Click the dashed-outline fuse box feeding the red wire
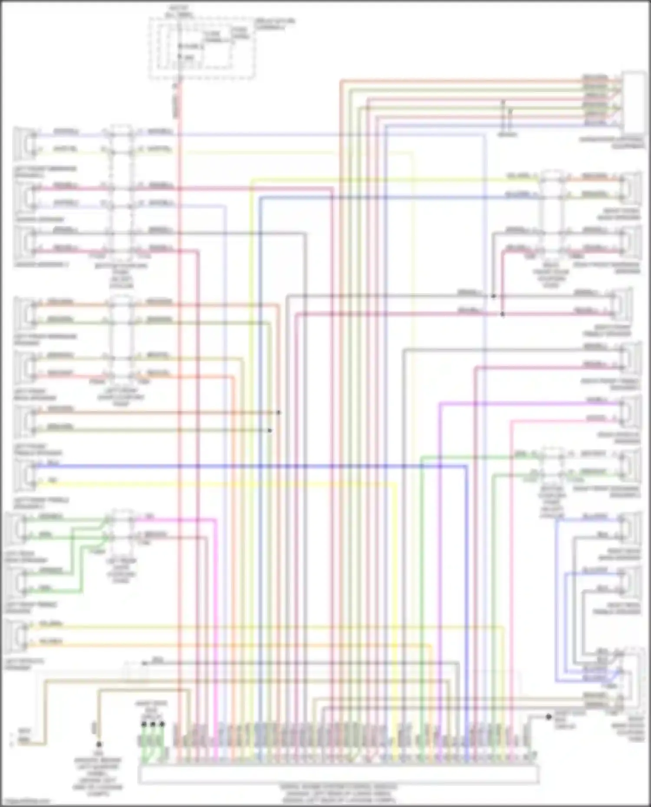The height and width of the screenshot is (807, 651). point(202,49)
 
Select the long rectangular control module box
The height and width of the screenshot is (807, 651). point(339,774)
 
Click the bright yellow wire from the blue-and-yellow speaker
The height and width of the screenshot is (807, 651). point(217,482)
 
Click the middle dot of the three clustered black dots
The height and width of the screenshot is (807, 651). point(153,724)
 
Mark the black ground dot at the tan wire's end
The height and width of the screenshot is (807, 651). point(99,744)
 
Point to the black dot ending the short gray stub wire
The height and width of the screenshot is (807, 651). point(549,717)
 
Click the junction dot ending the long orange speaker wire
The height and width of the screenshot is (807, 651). point(279,412)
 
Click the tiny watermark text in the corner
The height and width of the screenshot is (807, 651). point(24,801)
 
